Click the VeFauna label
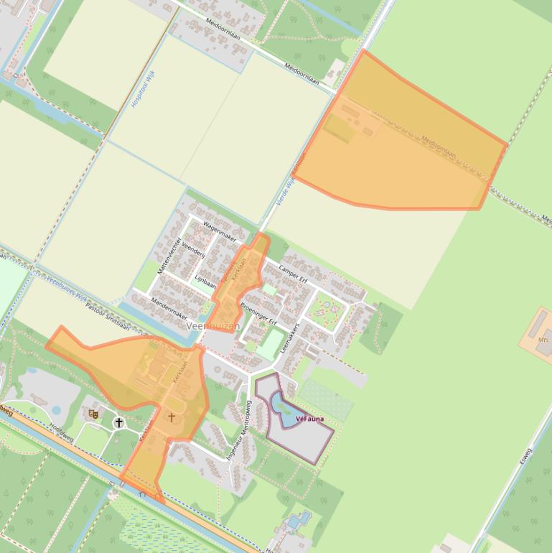tap(309, 419)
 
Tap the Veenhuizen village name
tap(213, 326)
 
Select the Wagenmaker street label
tap(220, 231)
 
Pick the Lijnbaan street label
tap(205, 281)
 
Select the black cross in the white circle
tap(119, 423)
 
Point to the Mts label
tap(543, 339)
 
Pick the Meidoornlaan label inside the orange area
tap(439, 147)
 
